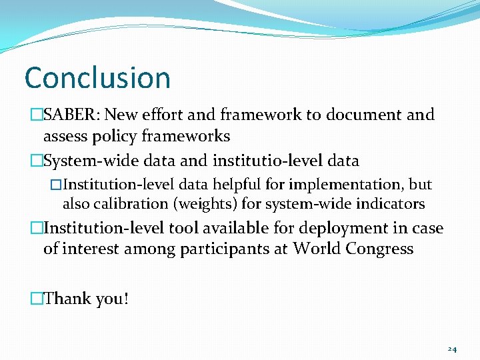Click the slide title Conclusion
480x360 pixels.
click(x=97, y=78)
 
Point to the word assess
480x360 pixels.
click(x=65, y=137)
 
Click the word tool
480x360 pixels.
click(x=184, y=228)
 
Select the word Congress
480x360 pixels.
click(x=379, y=249)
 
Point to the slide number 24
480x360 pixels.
click(x=452, y=349)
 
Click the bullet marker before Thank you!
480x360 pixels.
click(x=36, y=299)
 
